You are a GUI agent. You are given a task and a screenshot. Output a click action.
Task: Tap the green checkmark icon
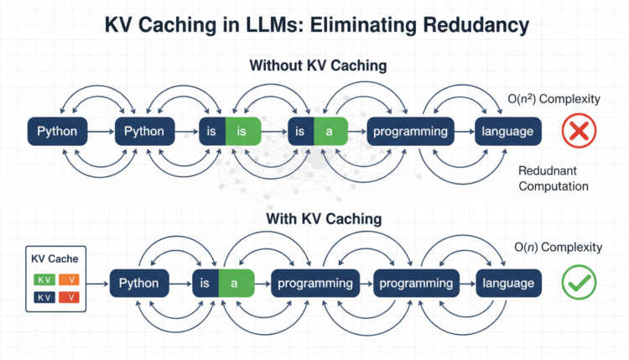tap(578, 283)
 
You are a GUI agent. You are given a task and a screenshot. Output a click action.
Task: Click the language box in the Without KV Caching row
tap(508, 132)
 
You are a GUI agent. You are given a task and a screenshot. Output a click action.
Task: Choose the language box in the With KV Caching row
tap(508, 283)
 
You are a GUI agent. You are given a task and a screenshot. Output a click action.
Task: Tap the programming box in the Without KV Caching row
tap(411, 132)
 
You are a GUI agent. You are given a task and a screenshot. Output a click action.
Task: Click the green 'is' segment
tap(242, 132)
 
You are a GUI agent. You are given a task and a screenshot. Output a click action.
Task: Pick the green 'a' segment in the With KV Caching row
tap(236, 283)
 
